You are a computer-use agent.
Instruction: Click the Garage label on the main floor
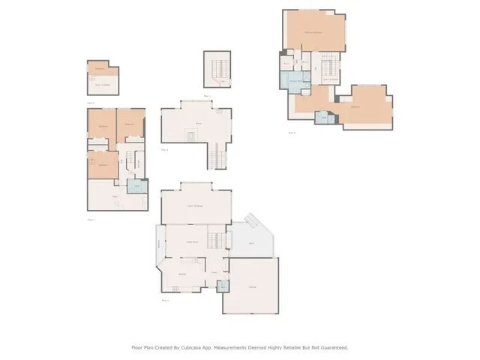[252, 287]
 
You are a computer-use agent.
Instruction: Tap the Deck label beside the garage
[251, 244]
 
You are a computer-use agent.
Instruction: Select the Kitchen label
[182, 274]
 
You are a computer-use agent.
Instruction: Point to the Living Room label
[192, 241]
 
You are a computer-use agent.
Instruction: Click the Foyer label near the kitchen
[214, 272]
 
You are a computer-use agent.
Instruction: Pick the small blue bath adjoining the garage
[223, 286]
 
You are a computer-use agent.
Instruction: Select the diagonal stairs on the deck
[253, 222]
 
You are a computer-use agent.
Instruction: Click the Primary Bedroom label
[313, 33]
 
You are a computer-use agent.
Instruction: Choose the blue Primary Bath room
[295, 80]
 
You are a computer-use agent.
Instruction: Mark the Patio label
[114, 196]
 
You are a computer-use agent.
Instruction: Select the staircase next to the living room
[216, 241]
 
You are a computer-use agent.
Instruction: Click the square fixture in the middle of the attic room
[191, 136]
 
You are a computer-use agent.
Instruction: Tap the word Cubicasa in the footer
[209, 347]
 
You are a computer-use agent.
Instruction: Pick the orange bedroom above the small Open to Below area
[103, 69]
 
